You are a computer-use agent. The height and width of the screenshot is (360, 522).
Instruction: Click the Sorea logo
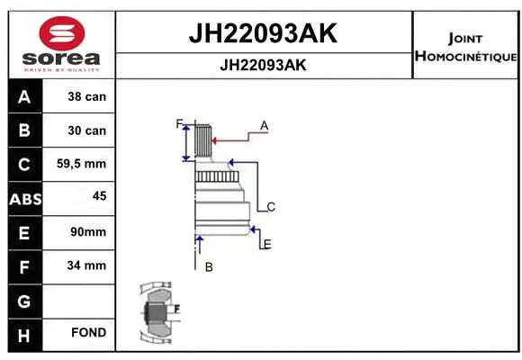tap(62, 42)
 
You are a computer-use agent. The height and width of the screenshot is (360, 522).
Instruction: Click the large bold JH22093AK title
tap(262, 34)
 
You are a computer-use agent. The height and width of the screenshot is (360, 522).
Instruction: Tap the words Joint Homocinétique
tap(464, 48)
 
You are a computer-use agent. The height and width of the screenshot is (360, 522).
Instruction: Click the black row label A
tap(23, 97)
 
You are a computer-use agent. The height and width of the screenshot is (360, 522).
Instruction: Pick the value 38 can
tap(86, 97)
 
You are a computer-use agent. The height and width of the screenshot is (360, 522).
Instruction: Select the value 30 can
tap(86, 130)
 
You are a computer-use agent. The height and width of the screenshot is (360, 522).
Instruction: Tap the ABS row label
tap(23, 198)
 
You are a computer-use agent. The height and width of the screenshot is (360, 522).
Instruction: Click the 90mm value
tap(88, 232)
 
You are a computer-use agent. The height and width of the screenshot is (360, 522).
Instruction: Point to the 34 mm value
tap(87, 265)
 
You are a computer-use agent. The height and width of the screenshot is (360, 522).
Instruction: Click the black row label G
tap(23, 300)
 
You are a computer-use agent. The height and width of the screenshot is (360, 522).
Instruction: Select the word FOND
tap(88, 333)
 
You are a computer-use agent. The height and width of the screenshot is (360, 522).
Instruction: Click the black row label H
tap(23, 333)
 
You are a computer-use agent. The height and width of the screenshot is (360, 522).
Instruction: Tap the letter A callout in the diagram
tap(265, 126)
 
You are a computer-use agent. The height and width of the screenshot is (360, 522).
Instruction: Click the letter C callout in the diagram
tap(270, 207)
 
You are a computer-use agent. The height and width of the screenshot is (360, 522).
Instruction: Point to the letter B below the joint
tap(208, 266)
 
